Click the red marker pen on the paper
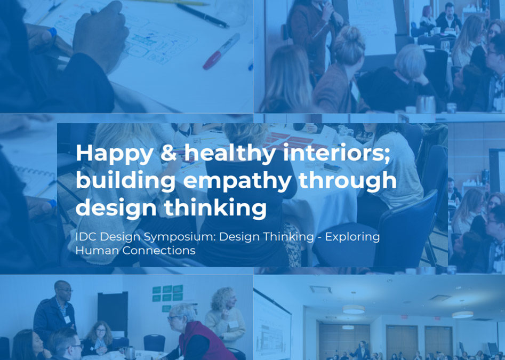tap(221, 52)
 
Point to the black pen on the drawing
tap(202, 15)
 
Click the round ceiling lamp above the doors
tap(354, 309)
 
